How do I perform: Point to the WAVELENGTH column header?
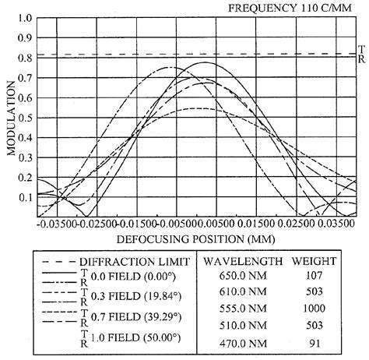click(x=241, y=261)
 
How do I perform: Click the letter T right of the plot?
click(x=360, y=48)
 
